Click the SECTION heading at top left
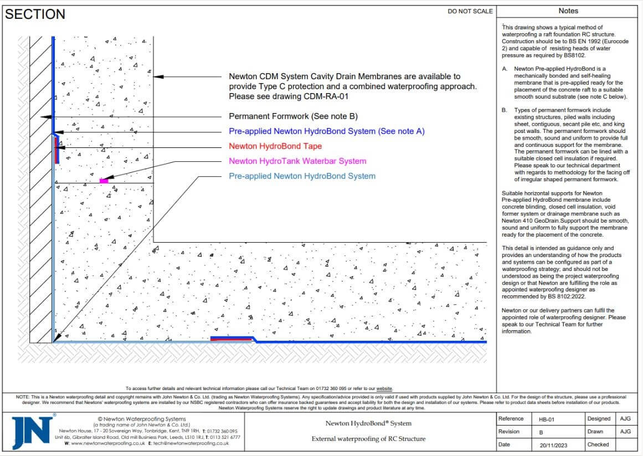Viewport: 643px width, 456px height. coord(35,14)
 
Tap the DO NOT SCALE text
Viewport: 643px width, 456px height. coord(470,11)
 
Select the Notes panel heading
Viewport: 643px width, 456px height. coord(568,11)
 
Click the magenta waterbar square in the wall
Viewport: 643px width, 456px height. coord(104,181)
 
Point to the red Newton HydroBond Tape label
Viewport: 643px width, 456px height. coord(275,146)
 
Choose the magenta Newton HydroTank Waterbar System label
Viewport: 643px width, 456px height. coord(297,161)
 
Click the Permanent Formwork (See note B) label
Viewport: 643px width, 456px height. coord(293,116)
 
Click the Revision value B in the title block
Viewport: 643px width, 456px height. coord(541,432)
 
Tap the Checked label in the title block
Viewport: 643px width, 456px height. coord(598,444)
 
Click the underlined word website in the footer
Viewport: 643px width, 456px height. coord(384,389)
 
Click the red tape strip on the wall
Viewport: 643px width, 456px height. coord(56,150)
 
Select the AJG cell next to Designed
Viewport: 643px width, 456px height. coord(625,419)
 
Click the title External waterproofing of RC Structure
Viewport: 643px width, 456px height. coord(368,439)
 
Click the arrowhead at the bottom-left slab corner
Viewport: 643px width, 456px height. coord(57,337)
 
